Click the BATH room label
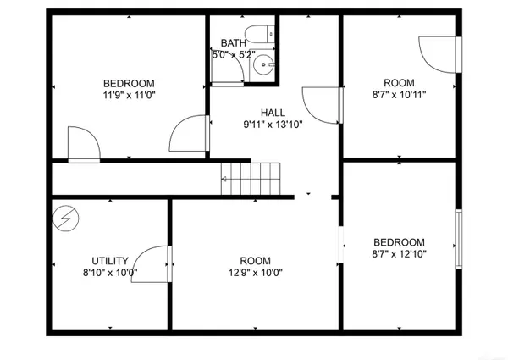click(x=233, y=43)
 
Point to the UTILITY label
click(x=110, y=261)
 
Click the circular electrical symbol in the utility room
click(x=65, y=219)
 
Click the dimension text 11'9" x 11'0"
click(x=129, y=96)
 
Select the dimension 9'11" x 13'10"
click(x=273, y=125)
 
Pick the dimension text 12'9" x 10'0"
click(x=255, y=274)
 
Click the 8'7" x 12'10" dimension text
click(x=400, y=254)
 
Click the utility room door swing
click(x=153, y=262)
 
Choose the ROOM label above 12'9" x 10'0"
click(x=255, y=261)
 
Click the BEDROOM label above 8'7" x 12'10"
click(x=400, y=241)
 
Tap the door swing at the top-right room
click(x=439, y=54)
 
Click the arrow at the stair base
click(x=225, y=179)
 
